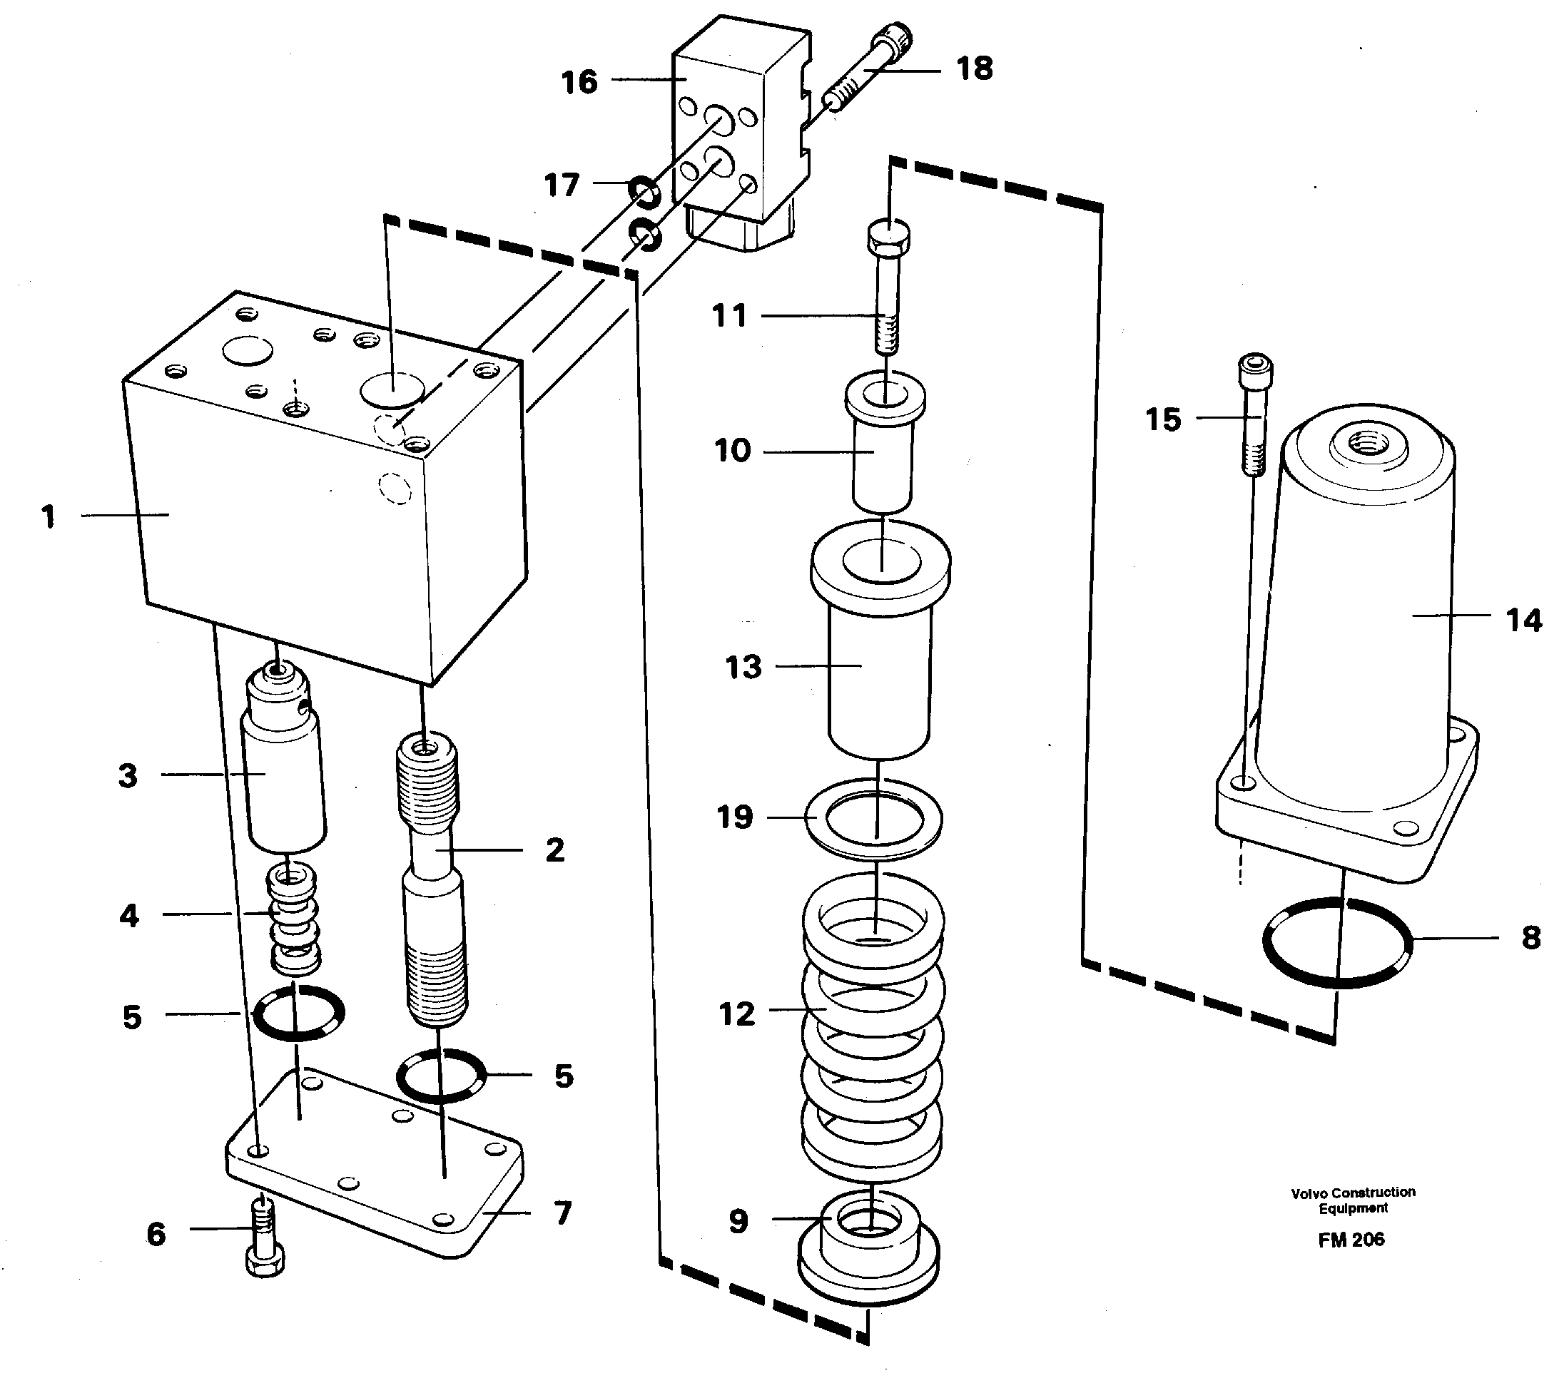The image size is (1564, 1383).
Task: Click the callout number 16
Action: tap(579, 82)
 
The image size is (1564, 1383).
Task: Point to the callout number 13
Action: tap(743, 667)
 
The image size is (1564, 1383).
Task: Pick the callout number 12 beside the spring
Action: tap(737, 1014)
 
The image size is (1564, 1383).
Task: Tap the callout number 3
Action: tap(128, 775)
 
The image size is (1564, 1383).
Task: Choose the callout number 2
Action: tap(554, 849)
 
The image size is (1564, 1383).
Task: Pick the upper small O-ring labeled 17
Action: tap(644, 191)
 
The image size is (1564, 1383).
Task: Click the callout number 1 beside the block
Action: tap(49, 516)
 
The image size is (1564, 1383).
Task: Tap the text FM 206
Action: tap(1351, 1240)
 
